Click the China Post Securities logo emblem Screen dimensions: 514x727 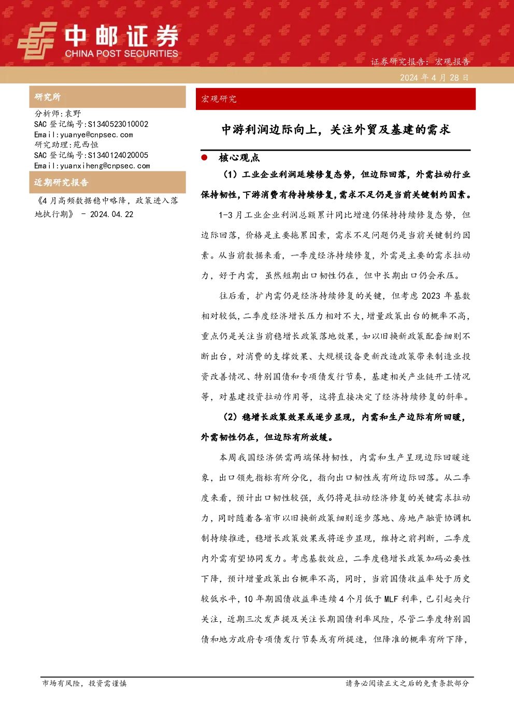coord(37,40)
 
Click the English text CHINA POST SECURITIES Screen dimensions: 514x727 coord(121,53)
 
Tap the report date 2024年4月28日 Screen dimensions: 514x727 coord(434,78)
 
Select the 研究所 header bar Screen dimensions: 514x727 coord(107,97)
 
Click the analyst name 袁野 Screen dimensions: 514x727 coord(73,113)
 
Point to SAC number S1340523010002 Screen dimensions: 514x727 coord(118,124)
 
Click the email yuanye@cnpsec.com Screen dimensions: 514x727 coord(97,135)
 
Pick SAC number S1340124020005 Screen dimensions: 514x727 coord(118,155)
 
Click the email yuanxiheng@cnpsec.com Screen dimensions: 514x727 coord(105,166)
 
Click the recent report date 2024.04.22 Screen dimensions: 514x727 coord(111,215)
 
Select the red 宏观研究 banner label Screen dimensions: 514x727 coord(219,99)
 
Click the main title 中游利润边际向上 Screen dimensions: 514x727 coord(269,130)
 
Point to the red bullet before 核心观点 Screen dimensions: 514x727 coord(204,158)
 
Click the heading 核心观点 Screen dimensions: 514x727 coord(239,158)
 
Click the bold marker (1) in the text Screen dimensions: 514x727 coord(231,175)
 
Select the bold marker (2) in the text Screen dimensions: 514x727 coord(231,417)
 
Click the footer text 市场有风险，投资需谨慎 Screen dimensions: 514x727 coord(84,683)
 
